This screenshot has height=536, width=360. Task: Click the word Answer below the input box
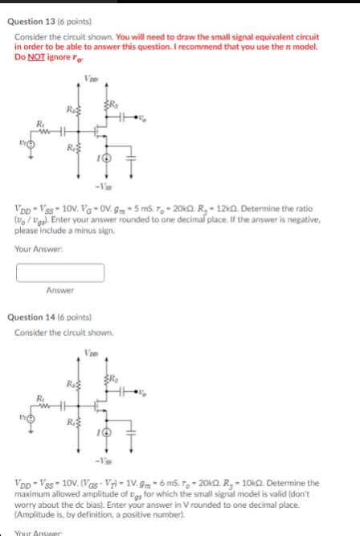click(60, 290)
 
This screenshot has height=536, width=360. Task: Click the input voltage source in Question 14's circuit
click(32, 420)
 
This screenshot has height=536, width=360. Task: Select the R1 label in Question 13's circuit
click(40, 123)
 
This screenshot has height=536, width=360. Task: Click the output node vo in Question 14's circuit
click(142, 394)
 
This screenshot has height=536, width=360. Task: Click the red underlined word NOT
click(37, 58)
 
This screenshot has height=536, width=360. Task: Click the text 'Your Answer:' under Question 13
click(37, 249)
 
